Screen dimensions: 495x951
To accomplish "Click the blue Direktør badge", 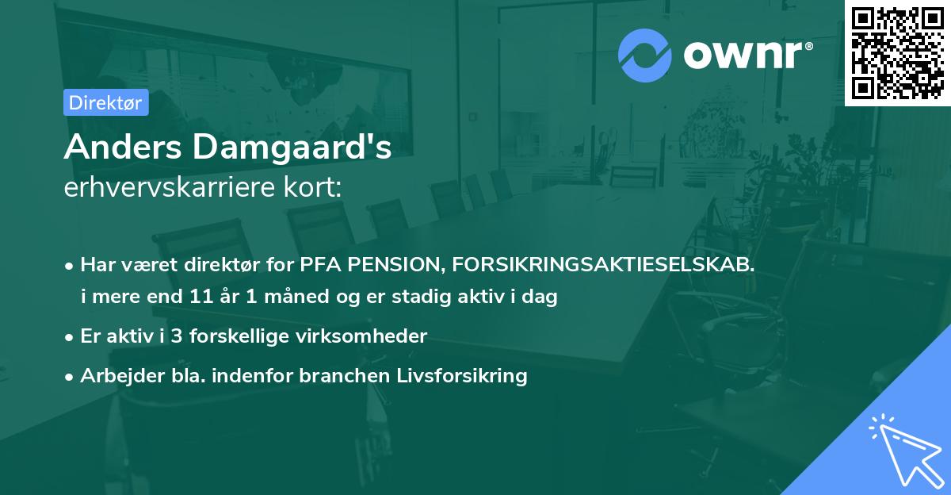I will pyautogui.click(x=105, y=102).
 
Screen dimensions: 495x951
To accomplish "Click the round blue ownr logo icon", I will pyautogui.click(x=645, y=55).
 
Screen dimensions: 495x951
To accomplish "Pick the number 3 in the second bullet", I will pyautogui.click(x=178, y=336).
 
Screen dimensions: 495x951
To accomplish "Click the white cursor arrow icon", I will pyautogui.click(x=903, y=450).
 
